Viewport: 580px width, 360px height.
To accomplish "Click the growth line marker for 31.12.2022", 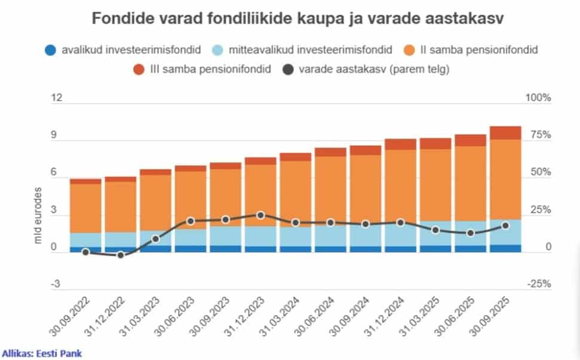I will coord(121,255).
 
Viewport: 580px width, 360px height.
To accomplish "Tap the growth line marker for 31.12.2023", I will coord(260,215).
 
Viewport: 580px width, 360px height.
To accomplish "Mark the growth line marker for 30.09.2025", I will coord(505,226).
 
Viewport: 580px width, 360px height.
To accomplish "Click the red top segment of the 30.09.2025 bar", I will coord(505,133).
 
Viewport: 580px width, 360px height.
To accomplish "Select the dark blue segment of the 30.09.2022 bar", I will coord(85,250).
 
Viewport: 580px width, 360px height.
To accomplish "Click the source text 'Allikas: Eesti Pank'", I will coord(42,353).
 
